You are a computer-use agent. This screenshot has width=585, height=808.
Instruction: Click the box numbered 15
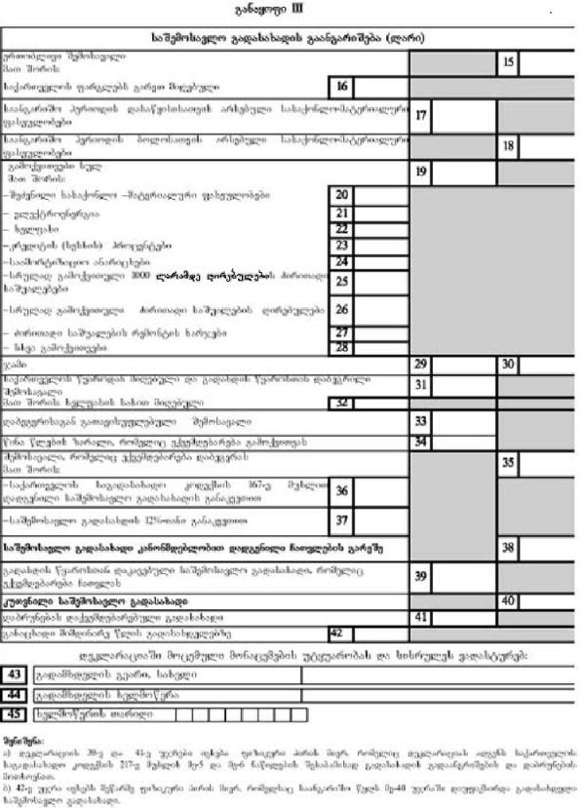509,61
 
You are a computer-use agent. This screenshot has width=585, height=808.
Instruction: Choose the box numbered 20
341,195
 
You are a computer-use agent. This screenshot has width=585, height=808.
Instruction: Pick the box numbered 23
341,245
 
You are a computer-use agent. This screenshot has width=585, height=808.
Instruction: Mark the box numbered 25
341,281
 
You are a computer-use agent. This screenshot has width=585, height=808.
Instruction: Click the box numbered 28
341,347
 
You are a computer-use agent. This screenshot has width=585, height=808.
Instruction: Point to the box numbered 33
421,421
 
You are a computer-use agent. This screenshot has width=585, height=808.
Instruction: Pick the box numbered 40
509,600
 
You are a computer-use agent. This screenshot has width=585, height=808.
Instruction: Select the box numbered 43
15,674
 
